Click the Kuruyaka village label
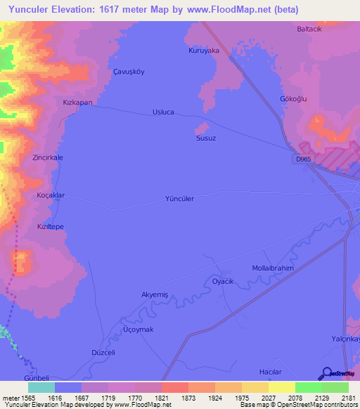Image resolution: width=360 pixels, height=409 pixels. click(204, 51)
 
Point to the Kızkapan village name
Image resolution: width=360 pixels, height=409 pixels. click(77, 103)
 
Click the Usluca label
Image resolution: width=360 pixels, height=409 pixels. click(164, 112)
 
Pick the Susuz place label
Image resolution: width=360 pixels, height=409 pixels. click(205, 138)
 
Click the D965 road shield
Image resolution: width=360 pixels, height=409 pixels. click(303, 160)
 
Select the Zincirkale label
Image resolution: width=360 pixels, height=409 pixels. click(48, 158)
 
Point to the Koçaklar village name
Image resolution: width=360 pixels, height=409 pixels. click(51, 195)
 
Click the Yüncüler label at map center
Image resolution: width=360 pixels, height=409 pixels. click(179, 199)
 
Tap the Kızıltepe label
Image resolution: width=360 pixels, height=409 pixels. click(51, 228)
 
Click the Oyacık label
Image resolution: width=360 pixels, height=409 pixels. click(222, 281)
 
